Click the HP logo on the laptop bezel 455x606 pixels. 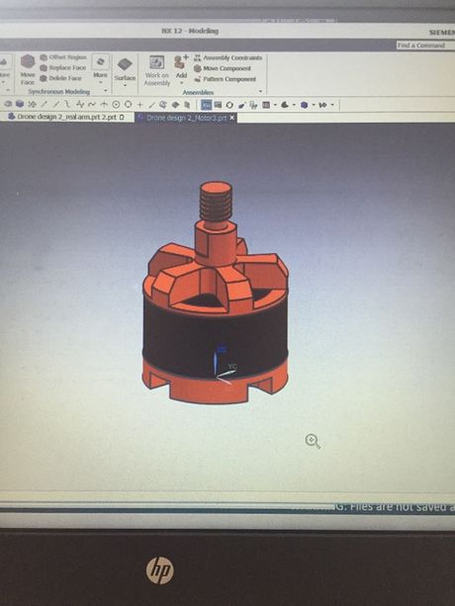[x=159, y=568]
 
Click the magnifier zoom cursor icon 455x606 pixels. [x=313, y=441]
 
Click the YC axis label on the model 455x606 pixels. [x=232, y=367]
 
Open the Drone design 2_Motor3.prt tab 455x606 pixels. [x=185, y=117]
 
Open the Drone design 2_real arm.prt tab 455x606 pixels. [x=68, y=117]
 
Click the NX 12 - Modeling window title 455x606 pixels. [x=191, y=31]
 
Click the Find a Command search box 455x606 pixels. [x=423, y=45]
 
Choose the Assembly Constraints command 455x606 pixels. [x=231, y=57]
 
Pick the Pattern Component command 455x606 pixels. [x=229, y=79]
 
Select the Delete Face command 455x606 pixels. [x=63, y=77]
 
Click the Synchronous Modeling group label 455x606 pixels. [x=58, y=91]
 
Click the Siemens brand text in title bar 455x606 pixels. [x=441, y=32]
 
